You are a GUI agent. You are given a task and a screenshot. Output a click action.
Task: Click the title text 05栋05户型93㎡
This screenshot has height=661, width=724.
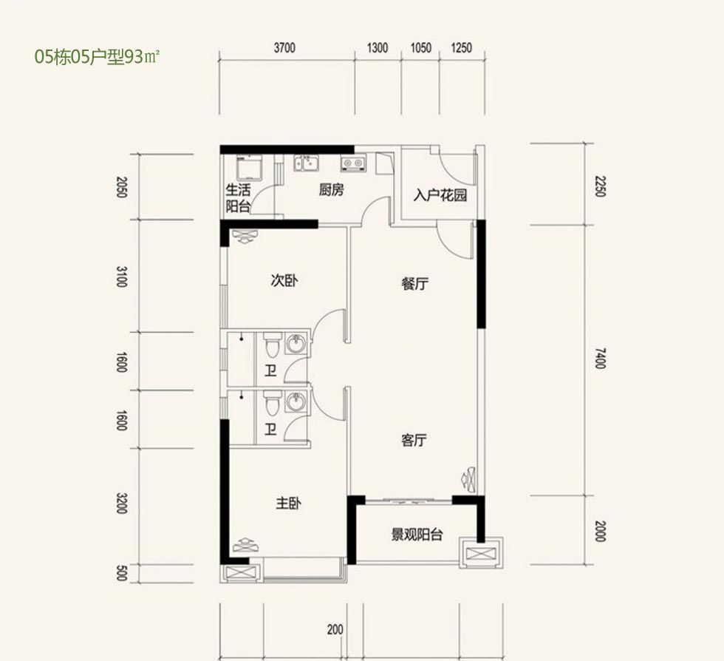click(97, 58)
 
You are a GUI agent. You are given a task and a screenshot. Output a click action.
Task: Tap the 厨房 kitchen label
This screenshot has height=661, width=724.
click(331, 189)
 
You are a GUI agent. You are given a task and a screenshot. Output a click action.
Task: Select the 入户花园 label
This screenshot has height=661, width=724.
click(440, 195)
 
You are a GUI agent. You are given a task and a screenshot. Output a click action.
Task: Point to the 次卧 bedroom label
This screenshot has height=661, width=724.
click(284, 280)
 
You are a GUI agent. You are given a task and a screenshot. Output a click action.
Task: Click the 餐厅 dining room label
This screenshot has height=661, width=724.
click(414, 283)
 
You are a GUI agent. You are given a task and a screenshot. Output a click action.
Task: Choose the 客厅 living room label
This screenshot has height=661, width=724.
click(414, 440)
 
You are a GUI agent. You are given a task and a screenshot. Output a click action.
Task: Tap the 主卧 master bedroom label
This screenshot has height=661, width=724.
click(289, 503)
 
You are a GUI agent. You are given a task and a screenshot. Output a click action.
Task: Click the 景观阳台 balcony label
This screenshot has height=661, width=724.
click(417, 535)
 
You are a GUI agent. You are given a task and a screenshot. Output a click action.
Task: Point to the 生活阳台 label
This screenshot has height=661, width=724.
click(238, 198)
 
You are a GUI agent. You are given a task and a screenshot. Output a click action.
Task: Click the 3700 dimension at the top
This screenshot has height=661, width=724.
click(284, 47)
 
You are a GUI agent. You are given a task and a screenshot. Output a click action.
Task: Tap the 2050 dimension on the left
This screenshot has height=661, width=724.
click(121, 187)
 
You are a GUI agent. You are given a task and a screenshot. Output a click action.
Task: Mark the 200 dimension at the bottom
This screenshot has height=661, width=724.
click(335, 629)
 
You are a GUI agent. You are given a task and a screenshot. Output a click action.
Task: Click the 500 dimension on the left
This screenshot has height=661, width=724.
click(121, 573)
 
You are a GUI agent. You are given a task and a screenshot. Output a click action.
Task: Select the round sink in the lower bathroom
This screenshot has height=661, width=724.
click(296, 401)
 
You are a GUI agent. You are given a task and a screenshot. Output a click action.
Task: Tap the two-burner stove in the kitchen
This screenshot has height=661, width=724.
click(353, 163)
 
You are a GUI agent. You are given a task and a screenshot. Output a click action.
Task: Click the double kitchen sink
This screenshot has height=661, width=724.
click(306, 163)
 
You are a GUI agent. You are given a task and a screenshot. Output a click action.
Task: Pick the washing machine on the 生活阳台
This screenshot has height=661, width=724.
click(250, 168)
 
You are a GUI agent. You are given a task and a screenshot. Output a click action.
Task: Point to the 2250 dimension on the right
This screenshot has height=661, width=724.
click(599, 186)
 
